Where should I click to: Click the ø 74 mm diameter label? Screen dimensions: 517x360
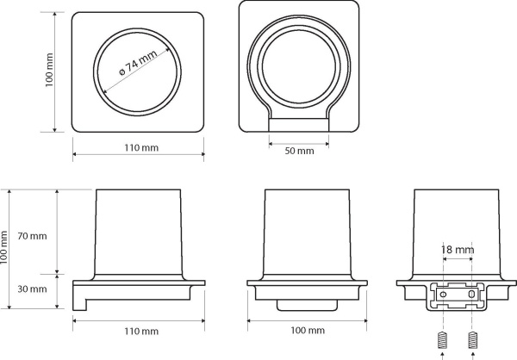(138, 63)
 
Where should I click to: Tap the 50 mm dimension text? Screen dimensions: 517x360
(299, 151)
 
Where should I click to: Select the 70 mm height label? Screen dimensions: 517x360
(32, 236)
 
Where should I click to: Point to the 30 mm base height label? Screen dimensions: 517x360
(32, 289)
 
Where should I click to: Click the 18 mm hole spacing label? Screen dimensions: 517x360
(458, 250)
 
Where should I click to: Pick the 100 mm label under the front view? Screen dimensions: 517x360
(308, 331)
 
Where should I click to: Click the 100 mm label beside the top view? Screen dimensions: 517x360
(49, 70)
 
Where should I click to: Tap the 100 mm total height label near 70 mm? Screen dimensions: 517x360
(3, 247)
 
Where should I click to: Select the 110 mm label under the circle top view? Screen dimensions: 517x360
(141, 147)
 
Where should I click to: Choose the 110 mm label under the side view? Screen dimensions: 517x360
(141, 331)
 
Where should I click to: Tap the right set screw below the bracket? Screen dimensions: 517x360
(472, 340)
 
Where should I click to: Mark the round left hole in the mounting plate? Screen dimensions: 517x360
(443, 294)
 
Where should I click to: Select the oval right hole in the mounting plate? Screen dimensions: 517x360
(472, 294)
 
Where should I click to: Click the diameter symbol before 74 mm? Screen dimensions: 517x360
(121, 71)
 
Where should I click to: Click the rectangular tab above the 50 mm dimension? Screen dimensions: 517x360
(299, 125)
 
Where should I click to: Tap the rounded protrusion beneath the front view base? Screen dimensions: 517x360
(308, 305)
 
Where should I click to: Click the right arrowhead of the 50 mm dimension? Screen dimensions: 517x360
(327, 144)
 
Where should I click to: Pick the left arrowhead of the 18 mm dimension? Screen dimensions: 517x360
(445, 259)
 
